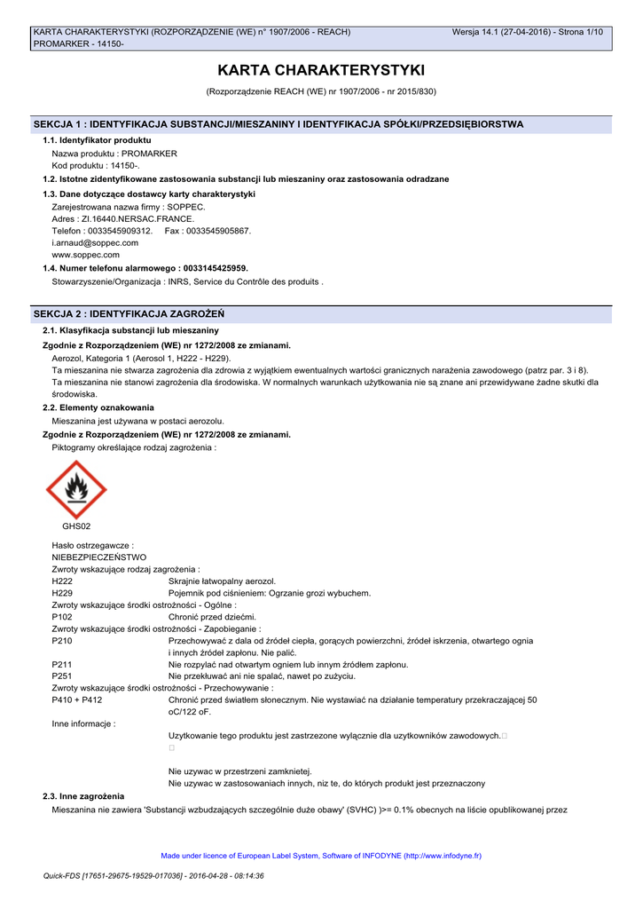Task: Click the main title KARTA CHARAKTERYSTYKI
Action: click(x=321, y=70)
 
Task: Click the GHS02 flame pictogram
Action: click(x=76, y=489)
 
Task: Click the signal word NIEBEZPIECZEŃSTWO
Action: click(x=99, y=557)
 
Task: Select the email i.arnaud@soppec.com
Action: click(x=95, y=242)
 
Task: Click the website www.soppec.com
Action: click(x=86, y=255)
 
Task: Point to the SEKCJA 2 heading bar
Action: click(x=321, y=314)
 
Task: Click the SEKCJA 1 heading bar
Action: click(x=321, y=124)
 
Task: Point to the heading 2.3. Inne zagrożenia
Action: click(x=83, y=796)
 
